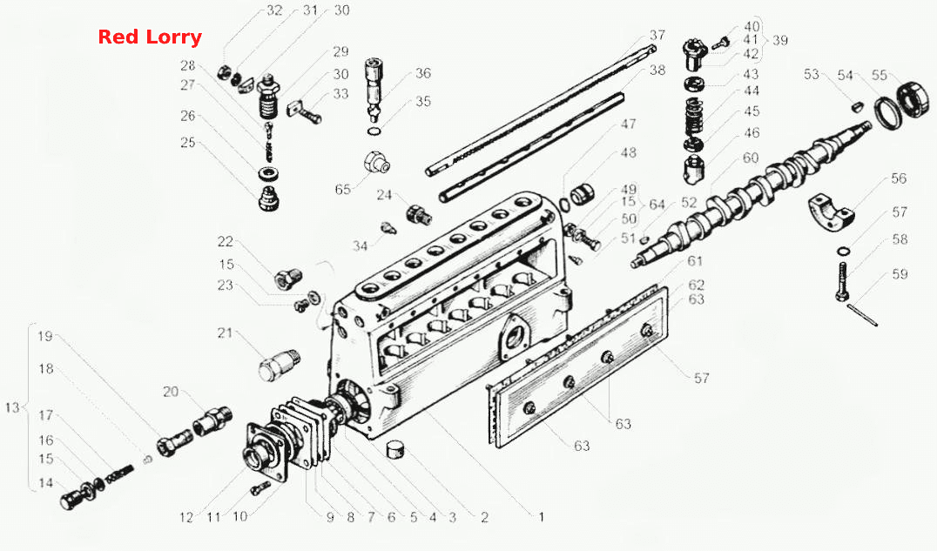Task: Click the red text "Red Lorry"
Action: point(150,37)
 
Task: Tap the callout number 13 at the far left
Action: point(12,407)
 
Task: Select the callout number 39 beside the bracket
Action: point(780,41)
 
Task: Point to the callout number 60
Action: point(751,158)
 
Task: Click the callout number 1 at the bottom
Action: point(542,517)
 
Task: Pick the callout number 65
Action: point(343,190)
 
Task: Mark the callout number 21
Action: point(225,333)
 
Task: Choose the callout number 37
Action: point(657,36)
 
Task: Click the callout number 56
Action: point(899,178)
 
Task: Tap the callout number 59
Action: point(900,274)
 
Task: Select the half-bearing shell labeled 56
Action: point(832,212)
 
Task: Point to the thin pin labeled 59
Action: point(862,315)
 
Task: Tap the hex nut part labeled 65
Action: point(376,162)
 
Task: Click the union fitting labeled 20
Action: point(212,419)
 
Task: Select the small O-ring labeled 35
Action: point(373,131)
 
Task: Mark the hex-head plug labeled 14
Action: point(71,499)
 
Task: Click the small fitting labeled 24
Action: point(417,213)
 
